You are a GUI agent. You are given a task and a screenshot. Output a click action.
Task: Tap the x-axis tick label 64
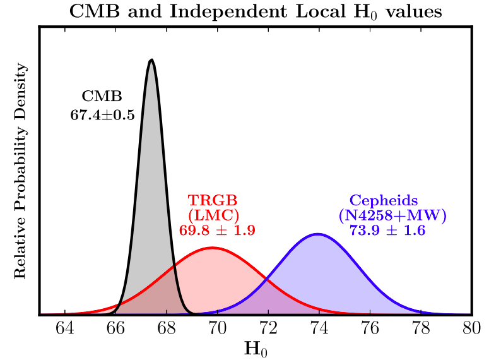(x=65, y=329)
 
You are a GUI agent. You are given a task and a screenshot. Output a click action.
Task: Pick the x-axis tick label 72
(x=268, y=329)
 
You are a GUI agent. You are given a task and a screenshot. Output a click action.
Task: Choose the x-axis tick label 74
(x=319, y=329)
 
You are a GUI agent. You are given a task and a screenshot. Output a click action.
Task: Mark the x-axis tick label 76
(x=370, y=329)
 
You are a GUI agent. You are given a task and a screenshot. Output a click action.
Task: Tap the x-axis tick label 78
(x=421, y=329)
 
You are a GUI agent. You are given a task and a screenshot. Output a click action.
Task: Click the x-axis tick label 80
(x=471, y=329)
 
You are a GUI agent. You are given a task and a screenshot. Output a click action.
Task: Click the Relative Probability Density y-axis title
(x=20, y=171)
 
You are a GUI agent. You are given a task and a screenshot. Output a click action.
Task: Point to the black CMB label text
(x=102, y=97)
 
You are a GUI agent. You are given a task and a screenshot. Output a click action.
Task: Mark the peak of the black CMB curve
(x=151, y=60)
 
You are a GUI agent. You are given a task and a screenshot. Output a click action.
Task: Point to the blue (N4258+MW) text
(x=392, y=215)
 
